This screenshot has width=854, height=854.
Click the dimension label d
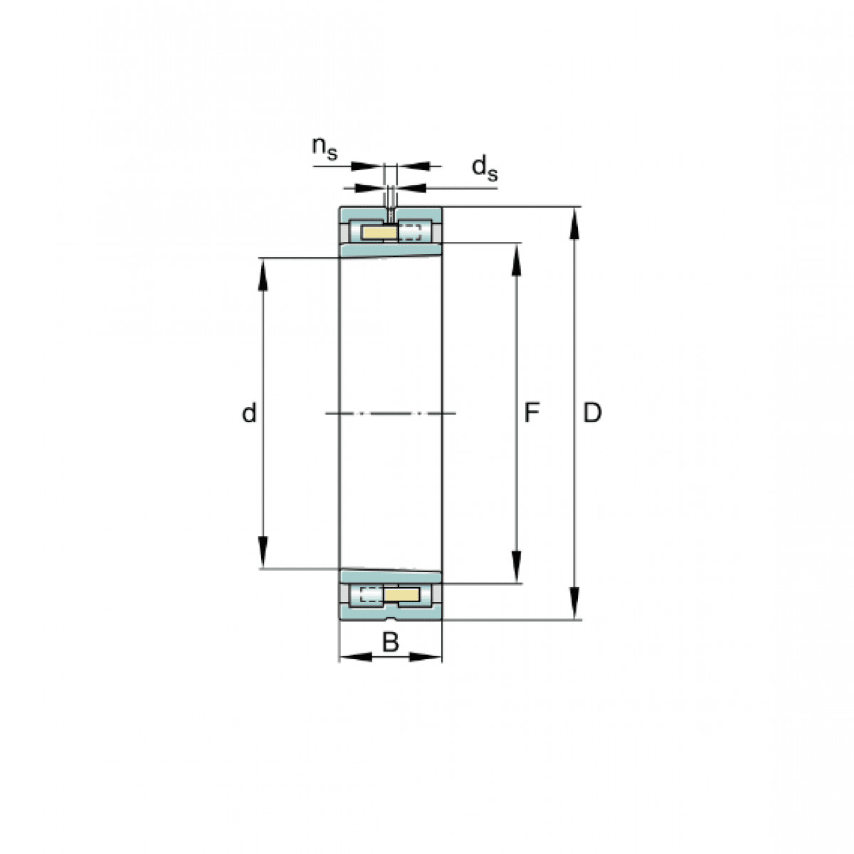249,413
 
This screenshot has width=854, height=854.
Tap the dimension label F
532,413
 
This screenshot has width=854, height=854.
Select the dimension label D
592,413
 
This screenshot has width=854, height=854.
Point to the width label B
391,642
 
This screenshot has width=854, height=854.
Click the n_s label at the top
325,149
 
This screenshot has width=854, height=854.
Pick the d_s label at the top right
485,169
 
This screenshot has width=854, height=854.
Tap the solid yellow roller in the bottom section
401,595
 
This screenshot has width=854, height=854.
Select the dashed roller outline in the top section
409,232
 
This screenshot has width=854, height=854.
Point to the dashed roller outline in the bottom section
371,595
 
